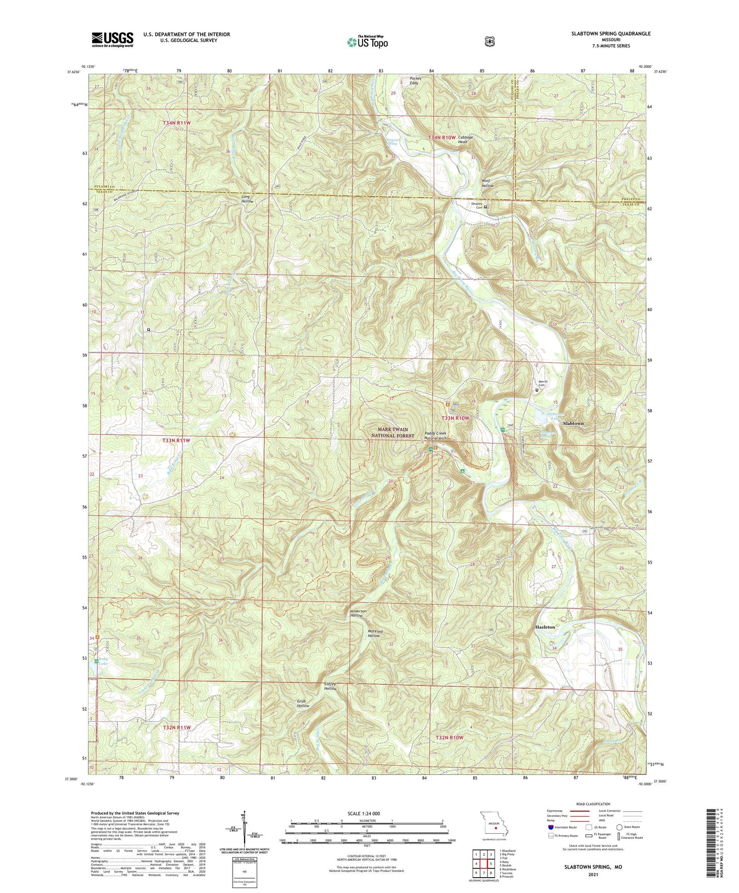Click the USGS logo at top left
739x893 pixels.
(x=113, y=39)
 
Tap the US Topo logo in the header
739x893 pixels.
(x=367, y=41)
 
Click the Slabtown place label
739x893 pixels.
(x=573, y=424)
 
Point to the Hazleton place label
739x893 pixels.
(x=545, y=627)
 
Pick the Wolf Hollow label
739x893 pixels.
(x=487, y=183)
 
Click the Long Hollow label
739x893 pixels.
(x=248, y=199)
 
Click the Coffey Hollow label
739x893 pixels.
(x=330, y=686)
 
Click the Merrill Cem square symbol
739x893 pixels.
(x=536, y=390)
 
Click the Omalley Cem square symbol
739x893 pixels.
(x=485, y=207)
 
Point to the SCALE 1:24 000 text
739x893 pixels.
(x=365, y=813)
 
